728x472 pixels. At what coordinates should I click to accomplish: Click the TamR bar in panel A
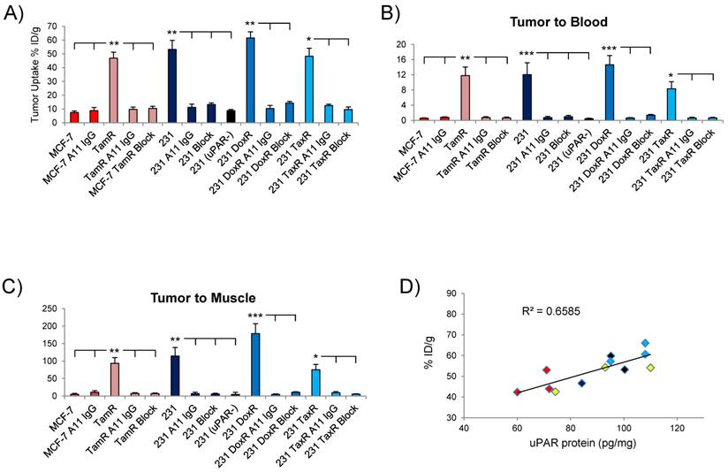click(114, 89)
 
